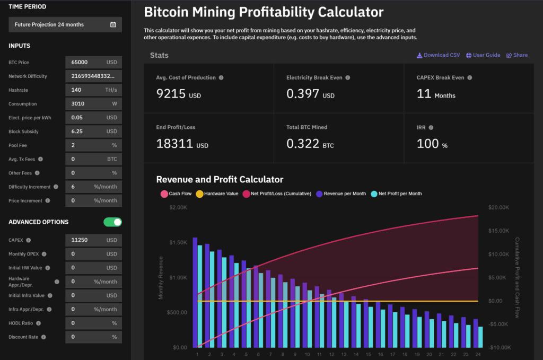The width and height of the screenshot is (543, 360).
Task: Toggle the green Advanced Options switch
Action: [x=113, y=222]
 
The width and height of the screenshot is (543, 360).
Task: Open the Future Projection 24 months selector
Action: [x=65, y=24]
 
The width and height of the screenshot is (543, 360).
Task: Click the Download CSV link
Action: [x=438, y=55]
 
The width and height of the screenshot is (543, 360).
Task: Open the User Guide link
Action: [x=483, y=55]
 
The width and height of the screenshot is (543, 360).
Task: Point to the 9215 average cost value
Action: [x=171, y=94]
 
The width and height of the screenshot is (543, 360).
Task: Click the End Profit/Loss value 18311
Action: [x=174, y=144]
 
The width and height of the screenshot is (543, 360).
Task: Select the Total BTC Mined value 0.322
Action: [x=303, y=144]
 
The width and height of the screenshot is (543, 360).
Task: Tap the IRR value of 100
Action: [x=428, y=144]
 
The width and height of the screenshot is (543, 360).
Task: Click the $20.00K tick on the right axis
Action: [x=498, y=207]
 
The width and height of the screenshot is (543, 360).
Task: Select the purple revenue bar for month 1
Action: [x=195, y=292]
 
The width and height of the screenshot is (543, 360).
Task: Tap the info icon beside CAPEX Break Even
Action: [x=469, y=77]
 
